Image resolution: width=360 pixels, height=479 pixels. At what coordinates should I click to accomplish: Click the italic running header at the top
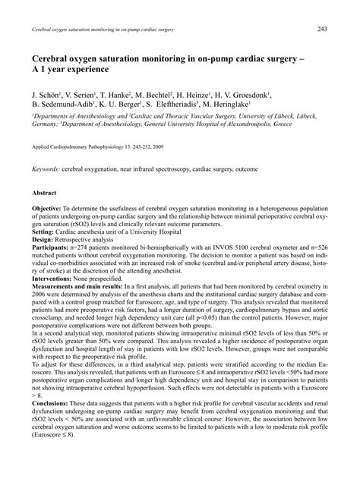click(x=102, y=29)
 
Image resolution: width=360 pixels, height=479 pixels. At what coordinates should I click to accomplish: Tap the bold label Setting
click(x=46, y=231)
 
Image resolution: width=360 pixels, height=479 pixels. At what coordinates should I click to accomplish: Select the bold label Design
click(x=45, y=238)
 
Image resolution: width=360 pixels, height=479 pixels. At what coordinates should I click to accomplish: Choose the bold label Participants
click(x=54, y=246)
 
